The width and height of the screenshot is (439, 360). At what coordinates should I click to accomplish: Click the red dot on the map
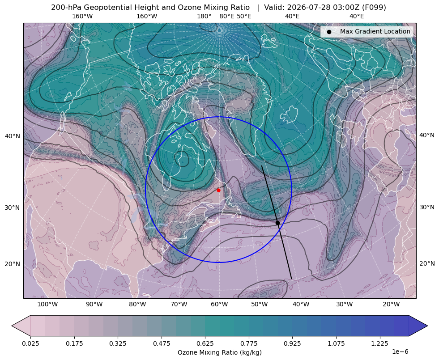click(218, 190)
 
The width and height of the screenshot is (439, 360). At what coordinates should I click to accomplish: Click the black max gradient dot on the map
click(277, 223)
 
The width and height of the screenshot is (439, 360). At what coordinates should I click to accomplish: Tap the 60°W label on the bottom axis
click(219, 305)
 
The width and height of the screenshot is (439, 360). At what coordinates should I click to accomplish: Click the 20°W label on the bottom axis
click(391, 305)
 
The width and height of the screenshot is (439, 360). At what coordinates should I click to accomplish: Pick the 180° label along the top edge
click(204, 16)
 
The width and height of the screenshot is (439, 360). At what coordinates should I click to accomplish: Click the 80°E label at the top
click(227, 16)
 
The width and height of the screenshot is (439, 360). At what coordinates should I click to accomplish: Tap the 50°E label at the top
click(244, 16)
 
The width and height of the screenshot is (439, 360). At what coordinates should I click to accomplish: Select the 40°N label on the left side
click(13, 136)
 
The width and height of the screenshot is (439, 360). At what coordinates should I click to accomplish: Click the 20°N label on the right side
click(427, 263)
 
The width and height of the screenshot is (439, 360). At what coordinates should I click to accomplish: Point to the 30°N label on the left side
click(13, 208)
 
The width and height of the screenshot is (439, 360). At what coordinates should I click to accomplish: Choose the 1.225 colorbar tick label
click(379, 343)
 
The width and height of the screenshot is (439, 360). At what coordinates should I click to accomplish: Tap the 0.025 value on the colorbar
click(30, 343)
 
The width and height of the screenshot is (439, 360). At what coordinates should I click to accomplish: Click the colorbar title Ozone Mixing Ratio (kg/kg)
click(220, 352)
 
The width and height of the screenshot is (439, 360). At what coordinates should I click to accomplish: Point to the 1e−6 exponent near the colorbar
click(400, 352)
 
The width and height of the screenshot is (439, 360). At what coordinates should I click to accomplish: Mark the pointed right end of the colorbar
click(427, 326)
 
